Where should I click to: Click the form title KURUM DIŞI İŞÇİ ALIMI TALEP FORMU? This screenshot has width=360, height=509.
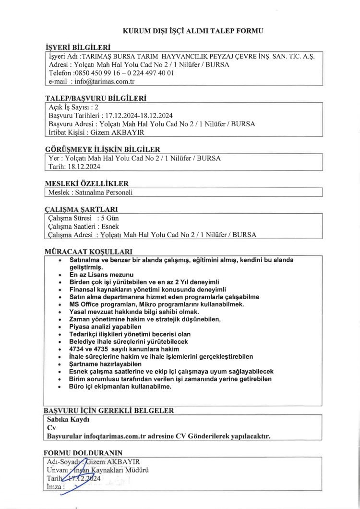click(193, 31)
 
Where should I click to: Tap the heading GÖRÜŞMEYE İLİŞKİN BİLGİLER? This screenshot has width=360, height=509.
click(102, 149)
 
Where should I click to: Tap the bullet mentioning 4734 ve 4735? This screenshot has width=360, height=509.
click(124, 349)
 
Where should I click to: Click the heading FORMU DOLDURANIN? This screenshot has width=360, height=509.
click(83, 453)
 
